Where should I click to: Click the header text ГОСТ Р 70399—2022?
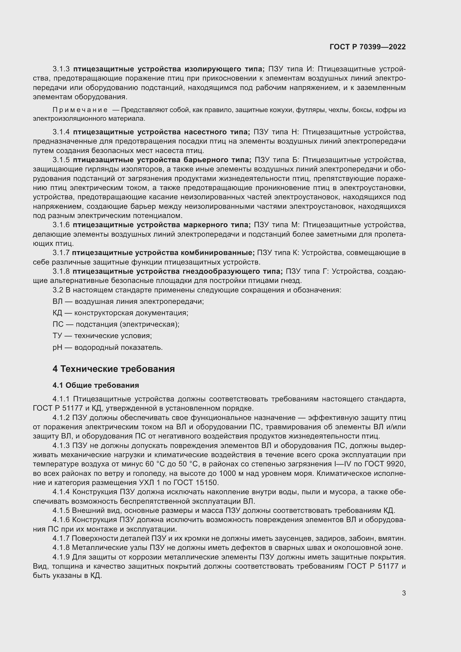coord(368,47)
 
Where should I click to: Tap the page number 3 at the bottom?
coord(404,593)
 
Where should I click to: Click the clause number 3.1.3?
coord(61,69)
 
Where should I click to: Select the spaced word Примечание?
coord(80,110)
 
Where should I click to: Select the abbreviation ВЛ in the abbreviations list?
coord(57,302)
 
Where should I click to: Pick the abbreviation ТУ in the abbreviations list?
coord(57,336)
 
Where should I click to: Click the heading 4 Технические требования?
coord(113,369)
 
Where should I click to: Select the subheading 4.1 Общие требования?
coord(96,385)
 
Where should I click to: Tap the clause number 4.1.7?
coord(61,539)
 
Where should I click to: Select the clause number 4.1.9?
coord(61,557)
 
